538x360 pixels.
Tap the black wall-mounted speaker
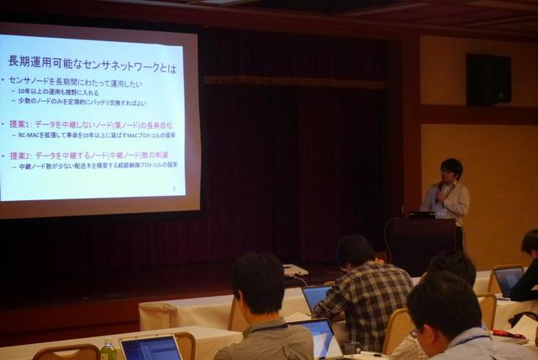click(488, 79)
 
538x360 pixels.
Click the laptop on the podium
click(421, 215)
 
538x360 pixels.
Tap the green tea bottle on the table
click(108, 350)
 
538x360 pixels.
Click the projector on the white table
click(294, 270)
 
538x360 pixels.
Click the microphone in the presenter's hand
click(438, 197)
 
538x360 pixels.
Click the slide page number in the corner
click(173, 188)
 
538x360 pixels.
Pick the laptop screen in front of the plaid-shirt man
click(317, 297)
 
